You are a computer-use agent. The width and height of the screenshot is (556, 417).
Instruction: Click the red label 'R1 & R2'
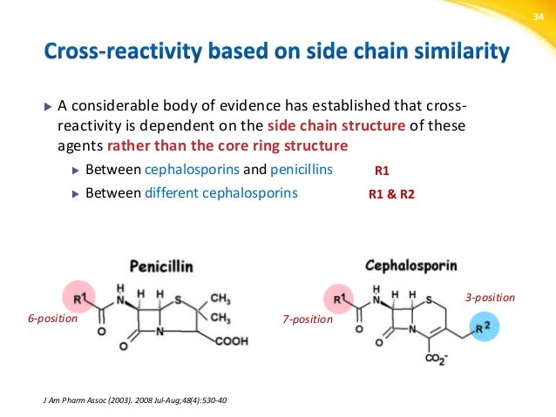point(392,195)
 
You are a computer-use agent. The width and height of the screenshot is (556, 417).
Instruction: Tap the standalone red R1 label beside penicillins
point(383,172)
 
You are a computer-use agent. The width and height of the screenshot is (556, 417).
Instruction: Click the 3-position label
point(490,298)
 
